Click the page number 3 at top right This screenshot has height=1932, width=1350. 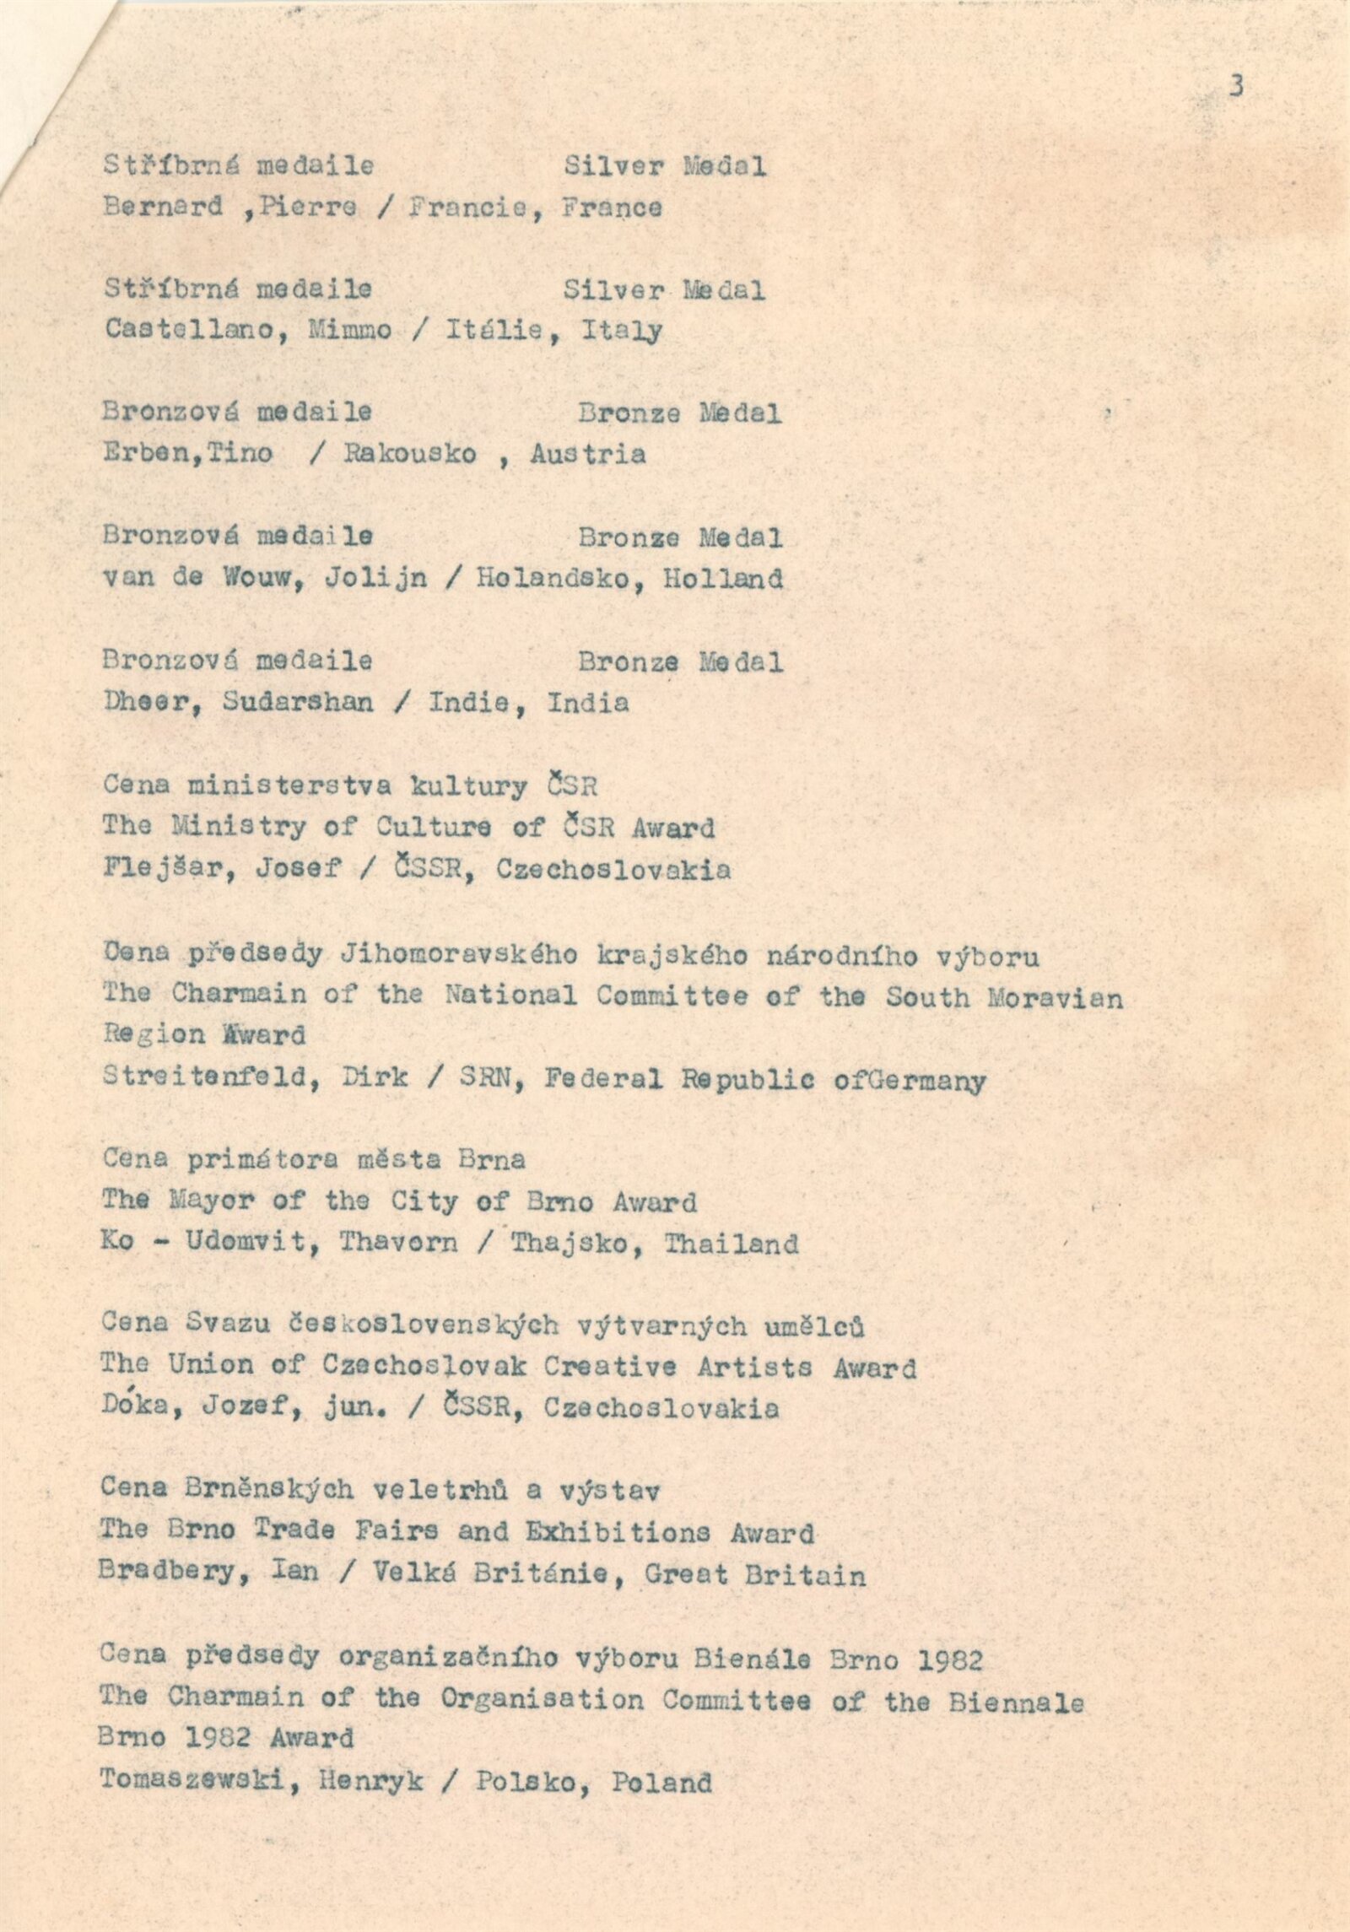(1236, 86)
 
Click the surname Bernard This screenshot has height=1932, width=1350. (163, 208)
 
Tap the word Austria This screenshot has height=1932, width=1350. (587, 455)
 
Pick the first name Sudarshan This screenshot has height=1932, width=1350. (298, 703)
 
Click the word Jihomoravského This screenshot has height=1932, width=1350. (458, 955)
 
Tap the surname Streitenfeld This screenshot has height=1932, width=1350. (211, 1078)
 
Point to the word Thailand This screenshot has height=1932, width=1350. (731, 1244)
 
